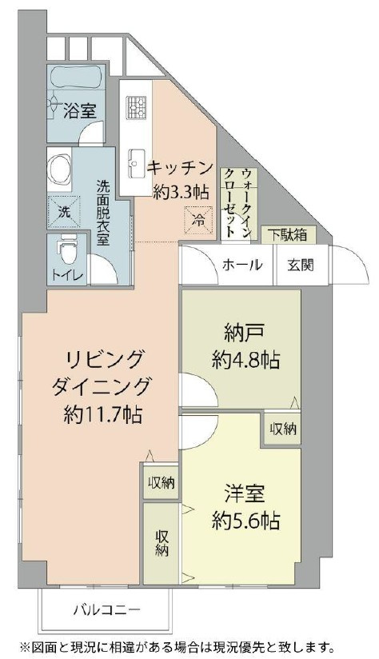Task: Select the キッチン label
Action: coord(179,168)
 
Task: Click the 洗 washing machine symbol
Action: coord(61,212)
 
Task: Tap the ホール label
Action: coord(241,265)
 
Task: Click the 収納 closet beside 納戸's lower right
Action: coord(282,429)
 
